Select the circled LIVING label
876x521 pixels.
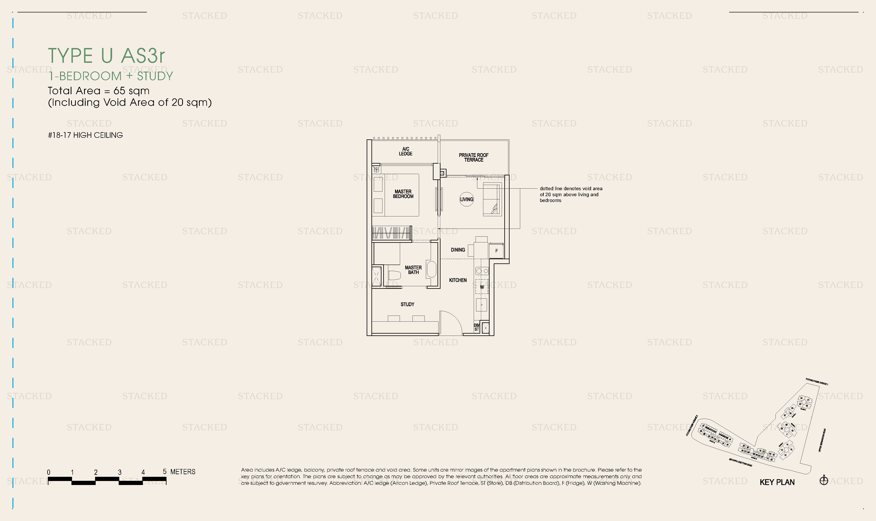click(467, 199)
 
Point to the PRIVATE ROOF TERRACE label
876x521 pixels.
click(474, 157)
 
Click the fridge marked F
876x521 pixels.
click(496, 251)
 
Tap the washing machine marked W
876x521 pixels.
click(482, 287)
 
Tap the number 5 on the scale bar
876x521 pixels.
click(164, 471)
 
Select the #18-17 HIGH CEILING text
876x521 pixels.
click(85, 135)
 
